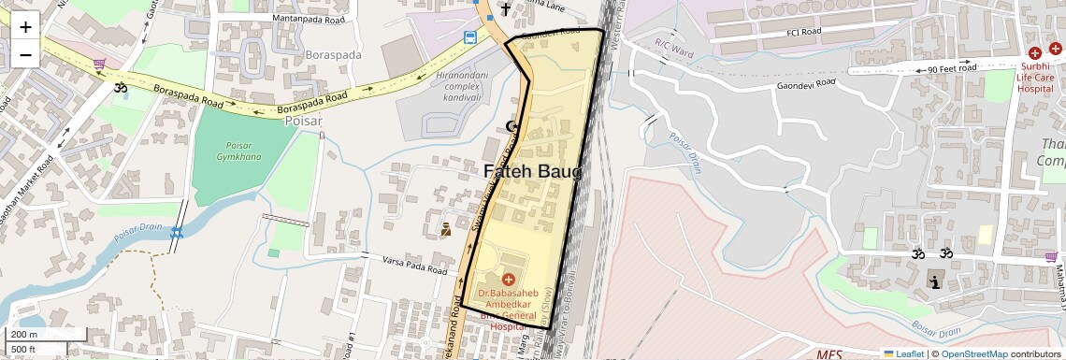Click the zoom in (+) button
25,26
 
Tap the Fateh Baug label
533,172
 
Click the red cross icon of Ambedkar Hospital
510,279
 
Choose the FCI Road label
803,32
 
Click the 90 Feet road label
951,68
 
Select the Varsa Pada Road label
417,263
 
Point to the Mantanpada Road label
310,18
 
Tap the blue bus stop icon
471,37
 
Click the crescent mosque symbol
511,126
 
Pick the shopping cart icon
99,64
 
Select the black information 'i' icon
933,281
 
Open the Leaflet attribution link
903,353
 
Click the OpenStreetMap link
973,353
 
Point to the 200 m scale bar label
23,335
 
